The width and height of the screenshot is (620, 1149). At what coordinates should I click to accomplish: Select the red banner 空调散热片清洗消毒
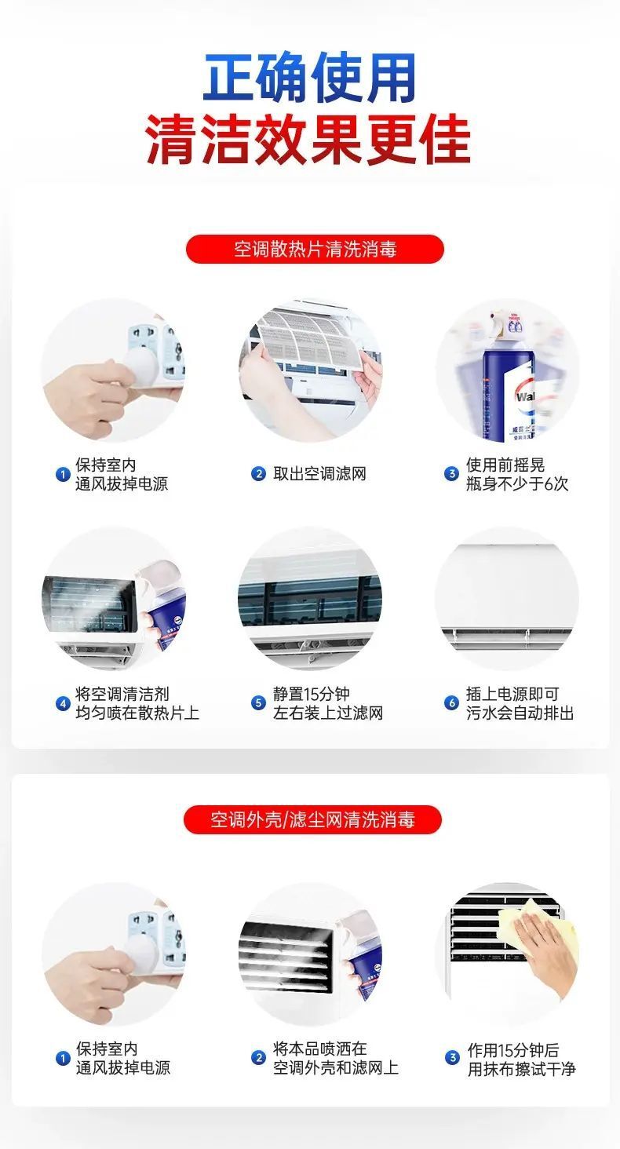[315, 250]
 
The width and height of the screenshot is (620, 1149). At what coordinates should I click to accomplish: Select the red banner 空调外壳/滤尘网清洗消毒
[312, 819]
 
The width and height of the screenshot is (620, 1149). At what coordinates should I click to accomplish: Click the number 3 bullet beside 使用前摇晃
[451, 473]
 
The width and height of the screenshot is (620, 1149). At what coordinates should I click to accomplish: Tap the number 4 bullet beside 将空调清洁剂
[63, 703]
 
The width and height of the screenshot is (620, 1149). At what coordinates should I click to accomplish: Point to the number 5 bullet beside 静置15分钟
[258, 702]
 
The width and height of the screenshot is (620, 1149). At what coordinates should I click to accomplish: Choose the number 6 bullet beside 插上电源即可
[451, 702]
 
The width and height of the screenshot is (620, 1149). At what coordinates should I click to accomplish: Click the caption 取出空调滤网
[319, 474]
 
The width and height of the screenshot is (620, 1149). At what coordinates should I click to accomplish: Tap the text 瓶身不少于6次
[517, 483]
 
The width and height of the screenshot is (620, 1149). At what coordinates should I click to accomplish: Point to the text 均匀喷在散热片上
[137, 713]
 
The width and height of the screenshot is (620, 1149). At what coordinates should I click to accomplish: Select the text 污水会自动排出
[520, 713]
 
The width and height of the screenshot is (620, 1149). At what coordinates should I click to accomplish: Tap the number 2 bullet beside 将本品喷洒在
[258, 1058]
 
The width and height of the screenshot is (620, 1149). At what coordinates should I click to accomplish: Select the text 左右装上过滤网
[328, 713]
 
